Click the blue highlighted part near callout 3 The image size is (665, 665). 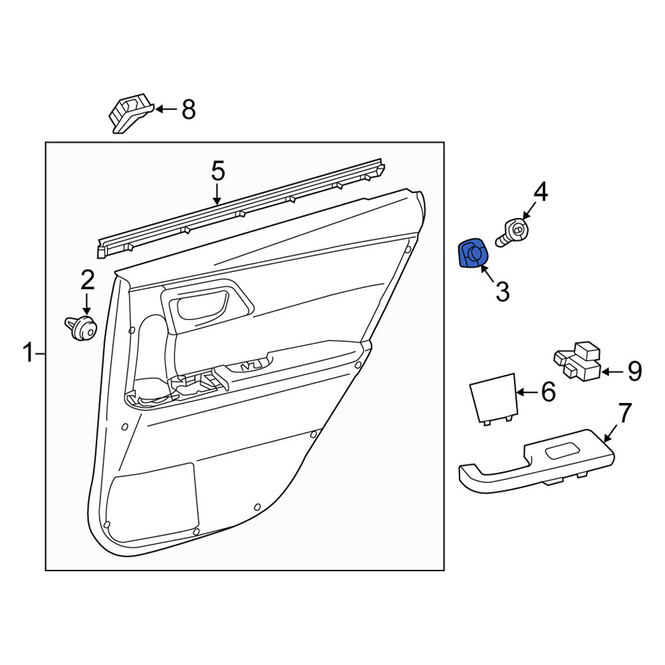coord(473,253)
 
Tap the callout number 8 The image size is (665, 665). coord(189,110)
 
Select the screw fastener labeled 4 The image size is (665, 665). coord(512,232)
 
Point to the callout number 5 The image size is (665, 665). coord(217,172)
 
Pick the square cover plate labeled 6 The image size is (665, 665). coord(494,398)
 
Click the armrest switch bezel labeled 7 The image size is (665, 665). coord(537,462)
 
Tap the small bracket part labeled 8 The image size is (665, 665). coord(130,112)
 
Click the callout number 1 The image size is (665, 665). coord(29,353)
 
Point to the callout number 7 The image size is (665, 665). coord(624,413)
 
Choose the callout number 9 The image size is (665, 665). coord(634,372)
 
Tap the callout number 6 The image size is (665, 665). coord(548,392)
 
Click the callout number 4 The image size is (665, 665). coord(540,192)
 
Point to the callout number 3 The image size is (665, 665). coord(503,292)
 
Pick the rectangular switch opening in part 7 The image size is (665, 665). coord(561,451)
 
